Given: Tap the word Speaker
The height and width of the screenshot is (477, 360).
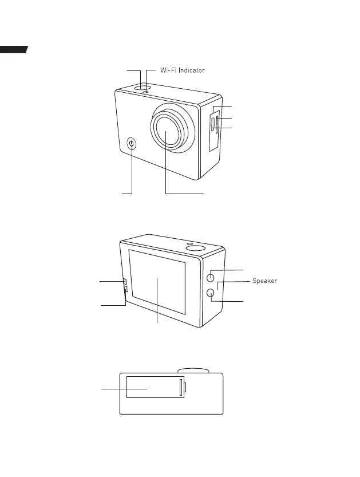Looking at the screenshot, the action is pyautogui.click(x=264, y=281).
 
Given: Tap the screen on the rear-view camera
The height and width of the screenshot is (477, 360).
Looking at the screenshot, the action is pyautogui.click(x=157, y=282).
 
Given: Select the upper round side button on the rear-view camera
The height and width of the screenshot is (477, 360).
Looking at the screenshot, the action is pyautogui.click(x=211, y=277).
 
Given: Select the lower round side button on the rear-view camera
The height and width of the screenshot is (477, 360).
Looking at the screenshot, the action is pyautogui.click(x=211, y=293).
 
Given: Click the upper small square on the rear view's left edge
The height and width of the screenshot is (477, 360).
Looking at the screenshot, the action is pyautogui.click(x=124, y=281).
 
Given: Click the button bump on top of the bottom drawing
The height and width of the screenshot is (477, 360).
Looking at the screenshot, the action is pyautogui.click(x=193, y=370).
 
